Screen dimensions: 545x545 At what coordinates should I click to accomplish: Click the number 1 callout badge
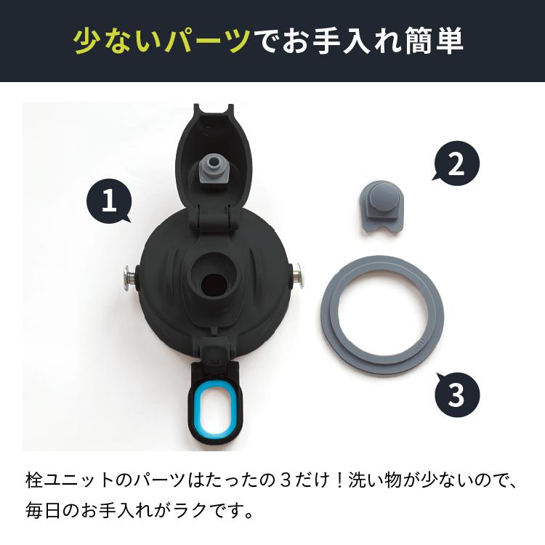[108, 201]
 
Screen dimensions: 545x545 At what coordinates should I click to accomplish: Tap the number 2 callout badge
[456, 166]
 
